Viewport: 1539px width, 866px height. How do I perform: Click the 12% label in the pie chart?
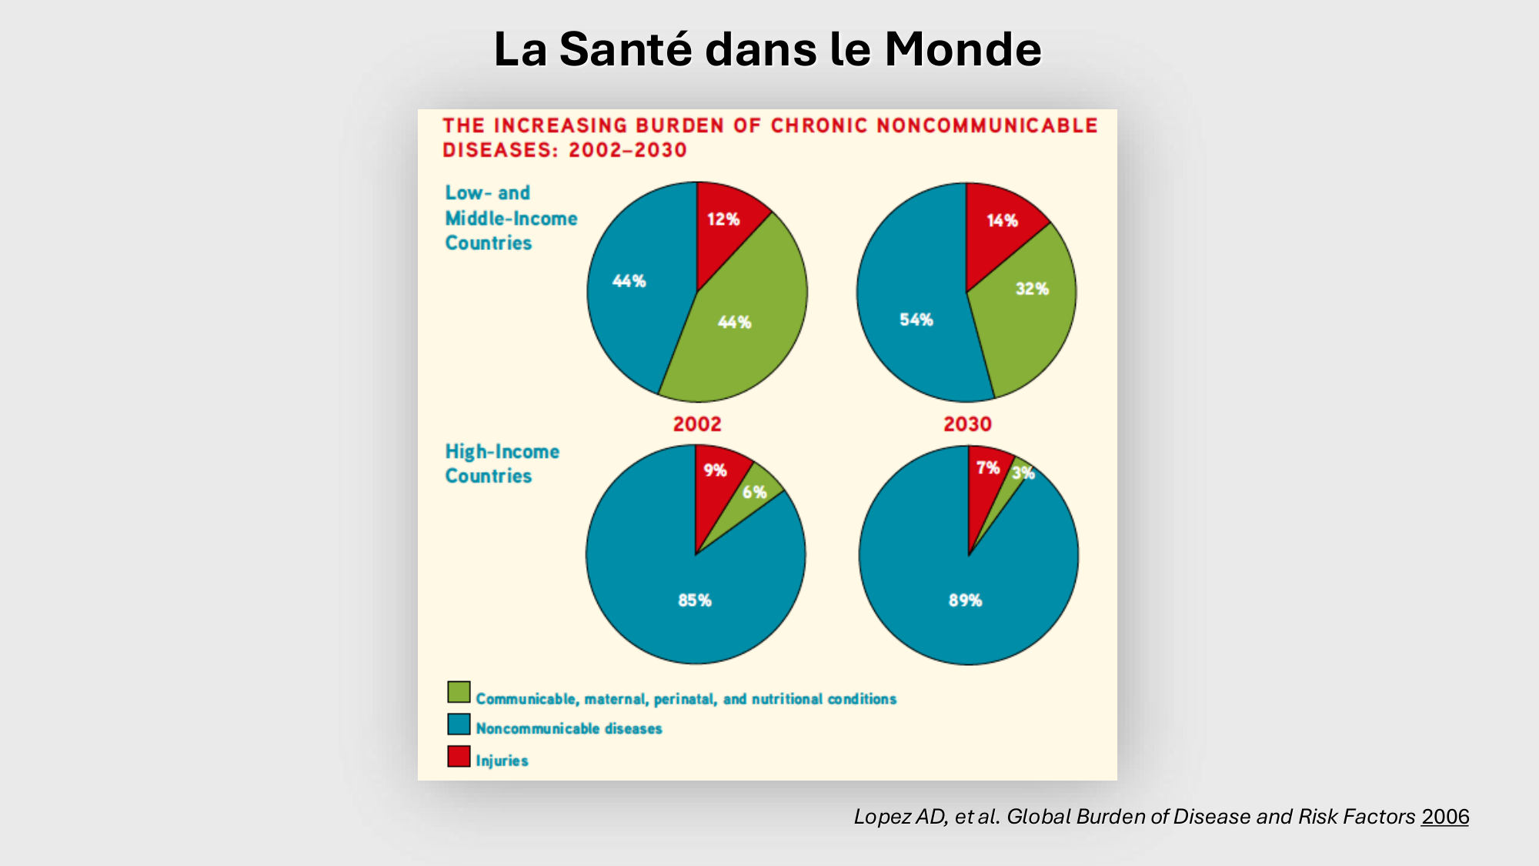(723, 219)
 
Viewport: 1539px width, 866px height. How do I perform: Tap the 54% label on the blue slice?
(916, 319)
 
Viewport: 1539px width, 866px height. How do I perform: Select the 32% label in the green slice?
(1032, 289)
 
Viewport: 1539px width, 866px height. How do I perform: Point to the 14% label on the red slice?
(1002, 221)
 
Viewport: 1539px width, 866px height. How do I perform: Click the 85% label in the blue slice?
(695, 600)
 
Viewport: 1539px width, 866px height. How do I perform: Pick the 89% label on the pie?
(966, 600)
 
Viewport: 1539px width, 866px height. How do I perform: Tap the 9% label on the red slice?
(715, 470)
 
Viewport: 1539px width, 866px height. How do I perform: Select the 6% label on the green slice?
(754, 492)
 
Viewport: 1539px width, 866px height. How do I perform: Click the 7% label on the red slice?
(987, 467)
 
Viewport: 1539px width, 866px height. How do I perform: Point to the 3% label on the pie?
(1023, 473)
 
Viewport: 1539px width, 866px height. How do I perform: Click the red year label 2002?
(697, 424)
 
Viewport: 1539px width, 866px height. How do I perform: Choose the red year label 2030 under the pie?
(967, 424)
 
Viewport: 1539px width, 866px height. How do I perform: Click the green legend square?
(459, 692)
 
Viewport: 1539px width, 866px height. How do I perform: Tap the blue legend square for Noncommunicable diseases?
(459, 724)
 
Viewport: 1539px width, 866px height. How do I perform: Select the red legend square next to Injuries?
(459, 756)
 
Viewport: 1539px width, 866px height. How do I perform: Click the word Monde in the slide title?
(963, 50)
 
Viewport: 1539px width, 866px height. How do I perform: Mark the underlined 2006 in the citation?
(1444, 817)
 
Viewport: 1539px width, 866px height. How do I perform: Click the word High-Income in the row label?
(502, 452)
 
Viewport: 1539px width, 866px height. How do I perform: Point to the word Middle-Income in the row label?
(511, 219)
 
